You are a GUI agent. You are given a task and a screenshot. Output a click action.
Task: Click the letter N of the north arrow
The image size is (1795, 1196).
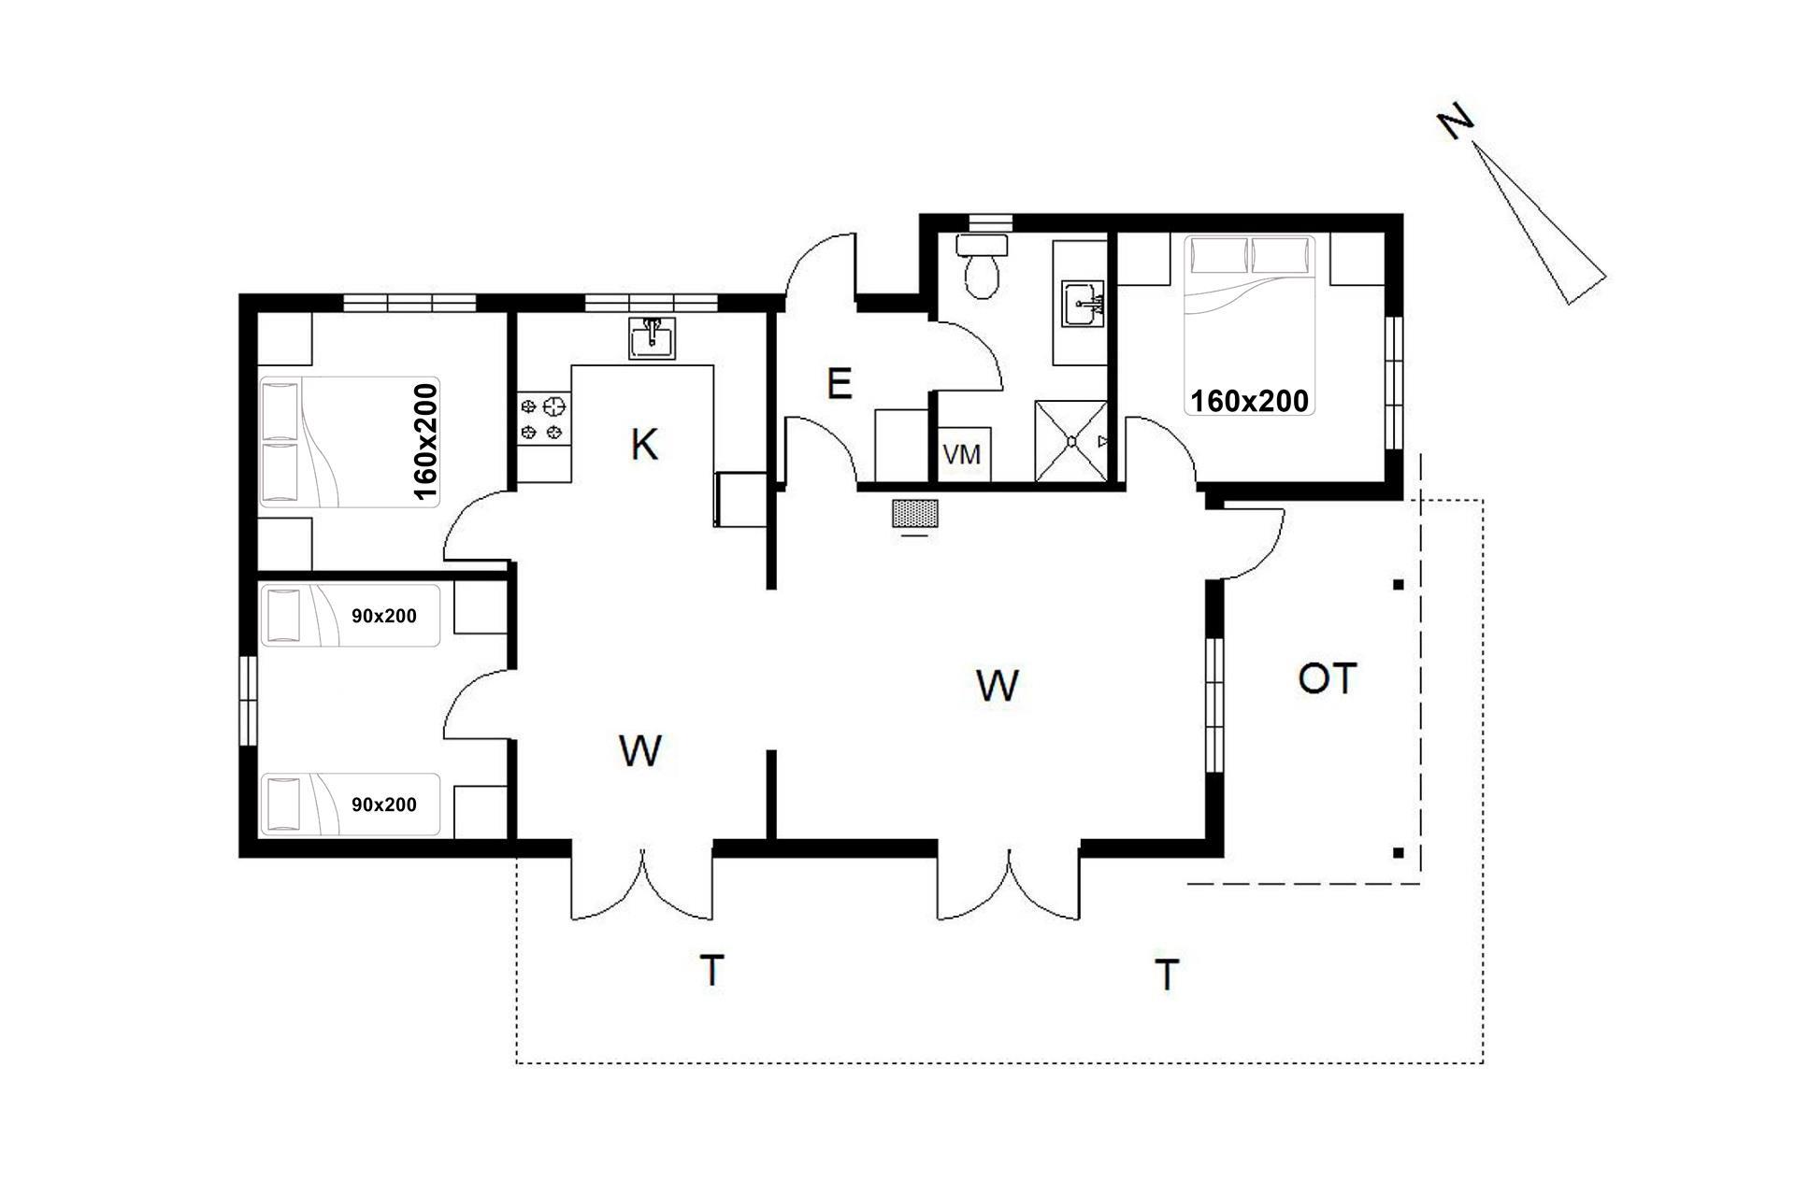(1456, 121)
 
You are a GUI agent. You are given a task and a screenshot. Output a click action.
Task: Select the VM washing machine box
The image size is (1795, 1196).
(962, 455)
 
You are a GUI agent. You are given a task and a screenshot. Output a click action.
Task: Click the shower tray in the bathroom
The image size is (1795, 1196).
(1071, 442)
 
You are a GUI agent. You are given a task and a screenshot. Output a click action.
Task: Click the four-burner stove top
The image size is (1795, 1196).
(543, 419)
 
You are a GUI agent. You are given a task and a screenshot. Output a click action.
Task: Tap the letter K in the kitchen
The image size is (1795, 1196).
(644, 445)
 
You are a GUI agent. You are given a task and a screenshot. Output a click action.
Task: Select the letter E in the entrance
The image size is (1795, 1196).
(840, 384)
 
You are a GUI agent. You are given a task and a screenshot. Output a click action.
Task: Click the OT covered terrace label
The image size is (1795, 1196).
(1327, 679)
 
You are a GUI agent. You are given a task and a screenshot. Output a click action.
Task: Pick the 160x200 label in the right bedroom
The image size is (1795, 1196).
(1249, 401)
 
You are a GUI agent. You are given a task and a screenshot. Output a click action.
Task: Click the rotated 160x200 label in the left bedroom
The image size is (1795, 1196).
(425, 442)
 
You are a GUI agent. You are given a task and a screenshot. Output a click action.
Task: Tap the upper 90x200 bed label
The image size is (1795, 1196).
(384, 617)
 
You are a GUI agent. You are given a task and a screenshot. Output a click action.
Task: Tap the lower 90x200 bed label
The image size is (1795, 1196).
(384, 804)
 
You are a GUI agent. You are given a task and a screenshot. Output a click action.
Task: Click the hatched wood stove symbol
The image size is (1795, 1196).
(915, 512)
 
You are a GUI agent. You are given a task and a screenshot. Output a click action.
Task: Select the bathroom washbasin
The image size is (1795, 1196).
(1084, 303)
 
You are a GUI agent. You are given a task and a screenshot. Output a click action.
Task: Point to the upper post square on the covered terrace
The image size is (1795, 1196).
(1398, 585)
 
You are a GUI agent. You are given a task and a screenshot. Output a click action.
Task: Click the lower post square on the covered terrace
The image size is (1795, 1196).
(1398, 852)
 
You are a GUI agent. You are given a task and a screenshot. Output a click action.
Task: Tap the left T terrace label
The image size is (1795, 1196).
(711, 970)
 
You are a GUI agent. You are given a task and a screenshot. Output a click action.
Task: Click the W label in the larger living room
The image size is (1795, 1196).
(997, 685)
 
